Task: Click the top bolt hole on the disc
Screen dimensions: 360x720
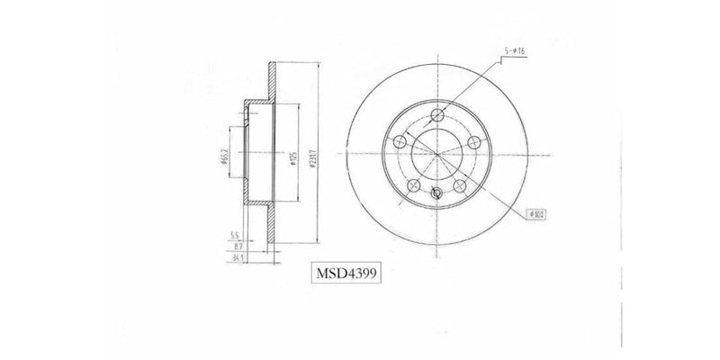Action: point(437,114)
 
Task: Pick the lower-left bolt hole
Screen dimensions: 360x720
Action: point(414,185)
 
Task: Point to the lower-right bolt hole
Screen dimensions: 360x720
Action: point(460,185)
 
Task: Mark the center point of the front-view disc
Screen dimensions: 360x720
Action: point(437,154)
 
